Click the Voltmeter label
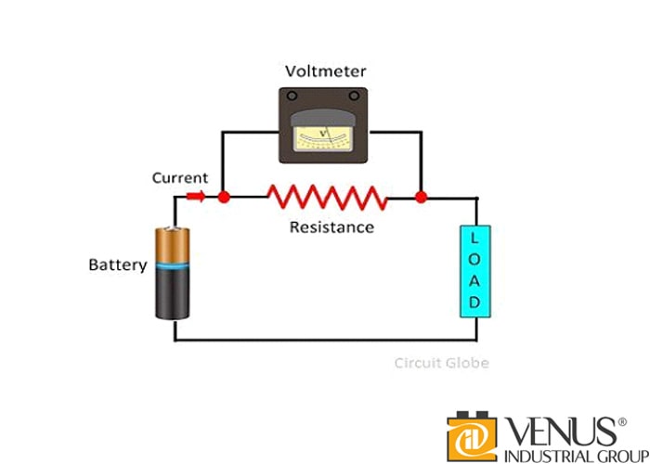pos(324,71)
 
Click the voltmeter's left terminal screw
pos(292,97)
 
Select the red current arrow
pos(197,196)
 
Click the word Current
pos(180,176)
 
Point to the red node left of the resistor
pos(224,197)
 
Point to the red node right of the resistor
pos(421,197)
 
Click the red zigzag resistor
pos(326,196)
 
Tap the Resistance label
pos(331,226)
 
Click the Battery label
pos(118,264)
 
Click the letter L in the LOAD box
pos(474,238)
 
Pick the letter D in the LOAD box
pos(474,303)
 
